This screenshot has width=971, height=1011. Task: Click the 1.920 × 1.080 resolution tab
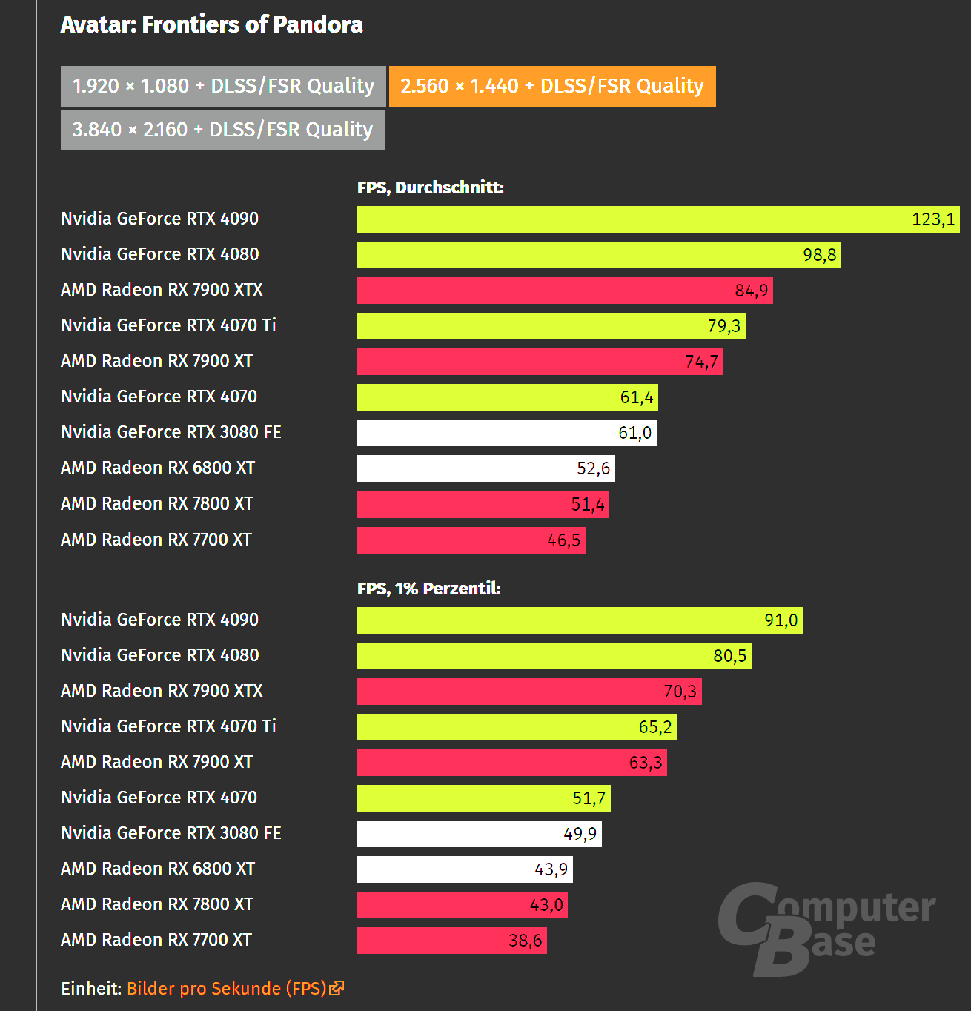(x=223, y=86)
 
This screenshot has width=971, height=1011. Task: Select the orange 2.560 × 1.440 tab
(x=552, y=86)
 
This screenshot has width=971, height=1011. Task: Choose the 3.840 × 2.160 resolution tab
(x=222, y=130)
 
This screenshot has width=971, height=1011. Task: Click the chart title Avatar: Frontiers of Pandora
(x=212, y=24)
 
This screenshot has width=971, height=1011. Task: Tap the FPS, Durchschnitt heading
(x=430, y=188)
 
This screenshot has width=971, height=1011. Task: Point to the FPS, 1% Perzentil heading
(x=428, y=589)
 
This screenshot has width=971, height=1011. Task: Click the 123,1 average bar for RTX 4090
(x=657, y=219)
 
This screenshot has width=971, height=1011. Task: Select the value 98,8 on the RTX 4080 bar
(x=820, y=255)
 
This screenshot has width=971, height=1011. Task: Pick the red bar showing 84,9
(x=564, y=291)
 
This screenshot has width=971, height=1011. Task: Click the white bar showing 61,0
(x=506, y=433)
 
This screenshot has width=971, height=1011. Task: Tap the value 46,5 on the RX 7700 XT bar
(x=563, y=540)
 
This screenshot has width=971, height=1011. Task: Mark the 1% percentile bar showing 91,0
(x=579, y=620)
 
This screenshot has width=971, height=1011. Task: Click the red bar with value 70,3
(x=528, y=692)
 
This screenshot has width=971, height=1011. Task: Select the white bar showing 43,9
(x=464, y=869)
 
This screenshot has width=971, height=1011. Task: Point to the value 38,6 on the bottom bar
(x=526, y=941)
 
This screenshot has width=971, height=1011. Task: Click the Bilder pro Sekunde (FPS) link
(x=226, y=989)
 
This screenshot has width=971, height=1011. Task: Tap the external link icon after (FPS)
(x=337, y=988)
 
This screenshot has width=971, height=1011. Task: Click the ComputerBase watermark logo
(x=826, y=928)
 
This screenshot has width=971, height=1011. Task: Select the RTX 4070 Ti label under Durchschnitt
(x=168, y=325)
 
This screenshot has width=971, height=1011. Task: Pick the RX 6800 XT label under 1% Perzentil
(x=158, y=869)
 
